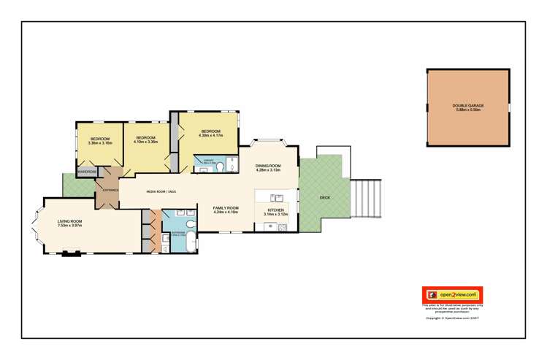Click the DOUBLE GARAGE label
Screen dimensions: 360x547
pos(468,106)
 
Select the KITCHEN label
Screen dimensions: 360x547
pos(275,210)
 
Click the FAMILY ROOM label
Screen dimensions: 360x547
pos(226,208)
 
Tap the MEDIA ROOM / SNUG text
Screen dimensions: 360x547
pos(161,192)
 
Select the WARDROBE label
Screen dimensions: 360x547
pos(88,172)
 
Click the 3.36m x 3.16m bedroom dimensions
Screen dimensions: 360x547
pos(100,143)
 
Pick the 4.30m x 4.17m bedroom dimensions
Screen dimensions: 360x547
pos(211,135)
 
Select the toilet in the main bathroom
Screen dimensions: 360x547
pos(188,223)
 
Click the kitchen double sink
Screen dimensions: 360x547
pos(277,197)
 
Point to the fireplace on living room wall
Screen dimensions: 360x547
pos(71,254)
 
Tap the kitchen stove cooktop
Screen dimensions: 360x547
pos(272,226)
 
